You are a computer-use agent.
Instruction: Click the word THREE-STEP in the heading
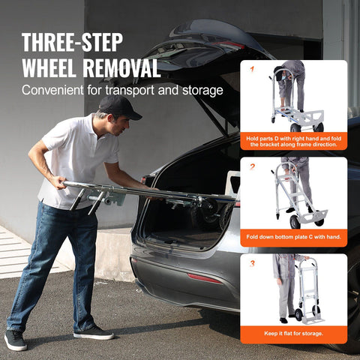[73, 42]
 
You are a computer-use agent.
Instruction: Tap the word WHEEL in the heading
[49, 68]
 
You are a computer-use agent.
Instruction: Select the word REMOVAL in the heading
[121, 68]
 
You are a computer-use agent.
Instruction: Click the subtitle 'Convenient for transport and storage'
[122, 91]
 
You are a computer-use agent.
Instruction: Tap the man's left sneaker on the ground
[16, 340]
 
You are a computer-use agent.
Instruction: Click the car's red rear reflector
[205, 277]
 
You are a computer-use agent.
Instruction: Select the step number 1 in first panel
[252, 69]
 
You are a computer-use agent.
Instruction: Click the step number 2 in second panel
[252, 166]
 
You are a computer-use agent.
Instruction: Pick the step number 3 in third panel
[252, 262]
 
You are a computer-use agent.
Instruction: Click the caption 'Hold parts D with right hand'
[293, 142]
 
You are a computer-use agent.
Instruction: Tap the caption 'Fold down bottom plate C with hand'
[293, 237]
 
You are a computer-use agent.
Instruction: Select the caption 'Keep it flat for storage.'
[293, 333]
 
